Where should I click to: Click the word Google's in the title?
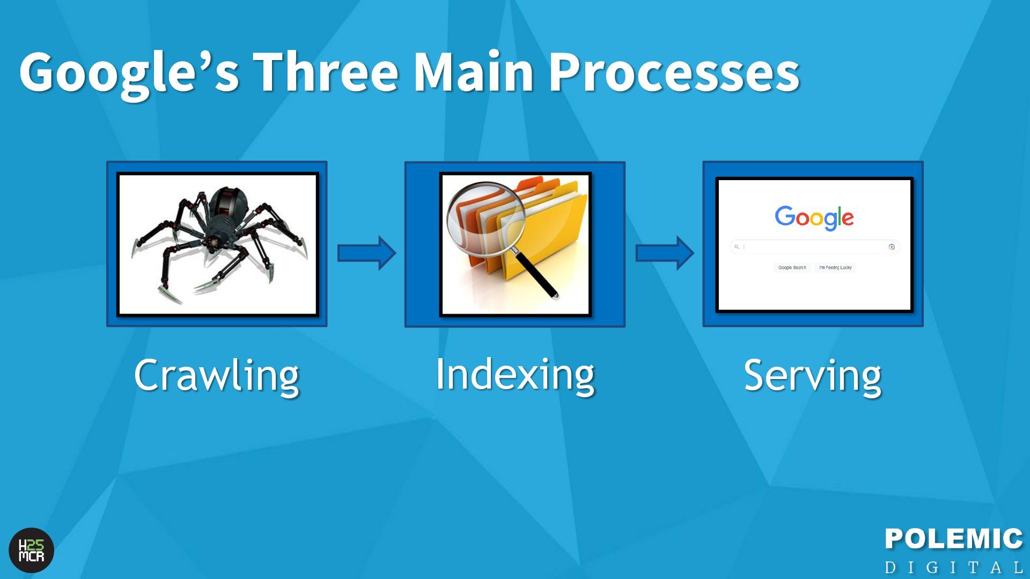point(129,72)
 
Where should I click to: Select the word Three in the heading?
point(326,72)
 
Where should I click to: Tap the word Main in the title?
point(473,72)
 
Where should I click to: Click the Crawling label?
point(216,375)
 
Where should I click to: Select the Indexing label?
point(515,374)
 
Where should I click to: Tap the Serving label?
point(813,375)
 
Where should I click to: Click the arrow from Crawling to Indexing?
point(366,253)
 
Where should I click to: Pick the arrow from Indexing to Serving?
point(665,253)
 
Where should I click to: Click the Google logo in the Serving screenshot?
point(814,217)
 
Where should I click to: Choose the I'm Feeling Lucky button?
point(835,268)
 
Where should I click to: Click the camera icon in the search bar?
point(892,247)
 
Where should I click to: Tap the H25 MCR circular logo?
point(32,551)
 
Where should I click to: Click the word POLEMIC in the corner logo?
point(954,539)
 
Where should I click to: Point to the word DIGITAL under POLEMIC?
point(954,567)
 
